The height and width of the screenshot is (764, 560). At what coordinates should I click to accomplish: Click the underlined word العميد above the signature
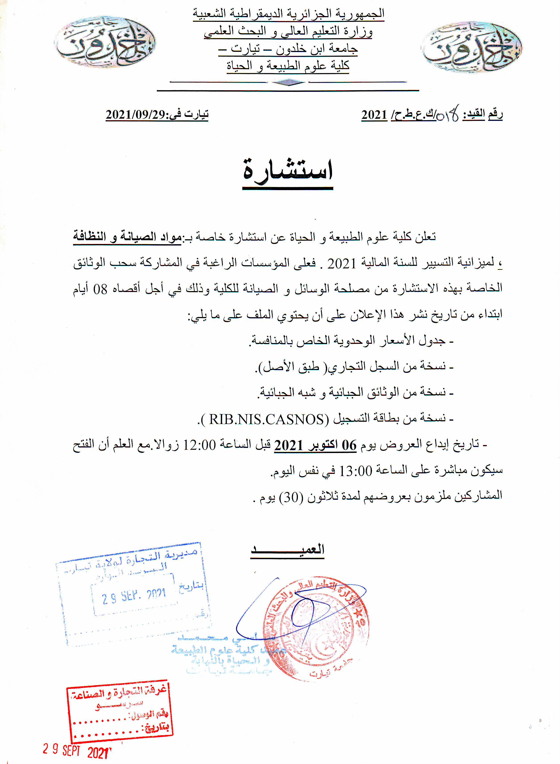[x=287, y=549]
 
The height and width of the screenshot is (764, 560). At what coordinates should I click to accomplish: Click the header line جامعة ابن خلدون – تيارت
[x=288, y=49]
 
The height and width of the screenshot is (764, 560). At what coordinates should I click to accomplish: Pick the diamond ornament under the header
[x=289, y=82]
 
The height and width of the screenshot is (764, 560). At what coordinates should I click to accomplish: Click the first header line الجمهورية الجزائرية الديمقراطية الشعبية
[x=288, y=14]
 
